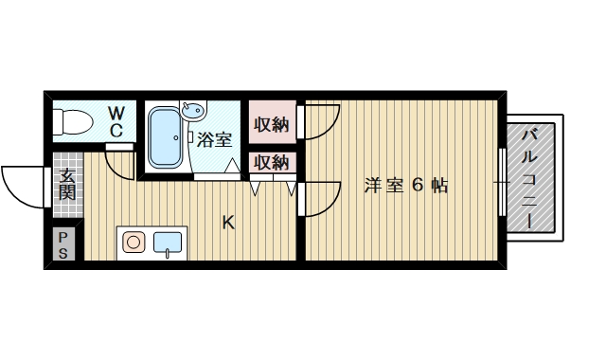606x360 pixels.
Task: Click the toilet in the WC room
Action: [x=72, y=122]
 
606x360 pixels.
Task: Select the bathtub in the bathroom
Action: [x=167, y=138]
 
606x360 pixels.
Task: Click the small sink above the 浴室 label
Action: [x=192, y=112]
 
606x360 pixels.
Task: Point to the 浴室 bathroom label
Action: [x=215, y=140]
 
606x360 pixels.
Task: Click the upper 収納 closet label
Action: [x=271, y=123]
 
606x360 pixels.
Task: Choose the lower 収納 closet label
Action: [x=271, y=162]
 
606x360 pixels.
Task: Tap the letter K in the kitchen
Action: [x=227, y=223]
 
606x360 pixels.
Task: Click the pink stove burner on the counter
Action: [x=134, y=242]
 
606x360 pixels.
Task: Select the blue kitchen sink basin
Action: [x=169, y=243]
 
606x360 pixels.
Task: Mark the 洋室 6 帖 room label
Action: [x=406, y=186]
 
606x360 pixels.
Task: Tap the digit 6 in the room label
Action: [x=415, y=186]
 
